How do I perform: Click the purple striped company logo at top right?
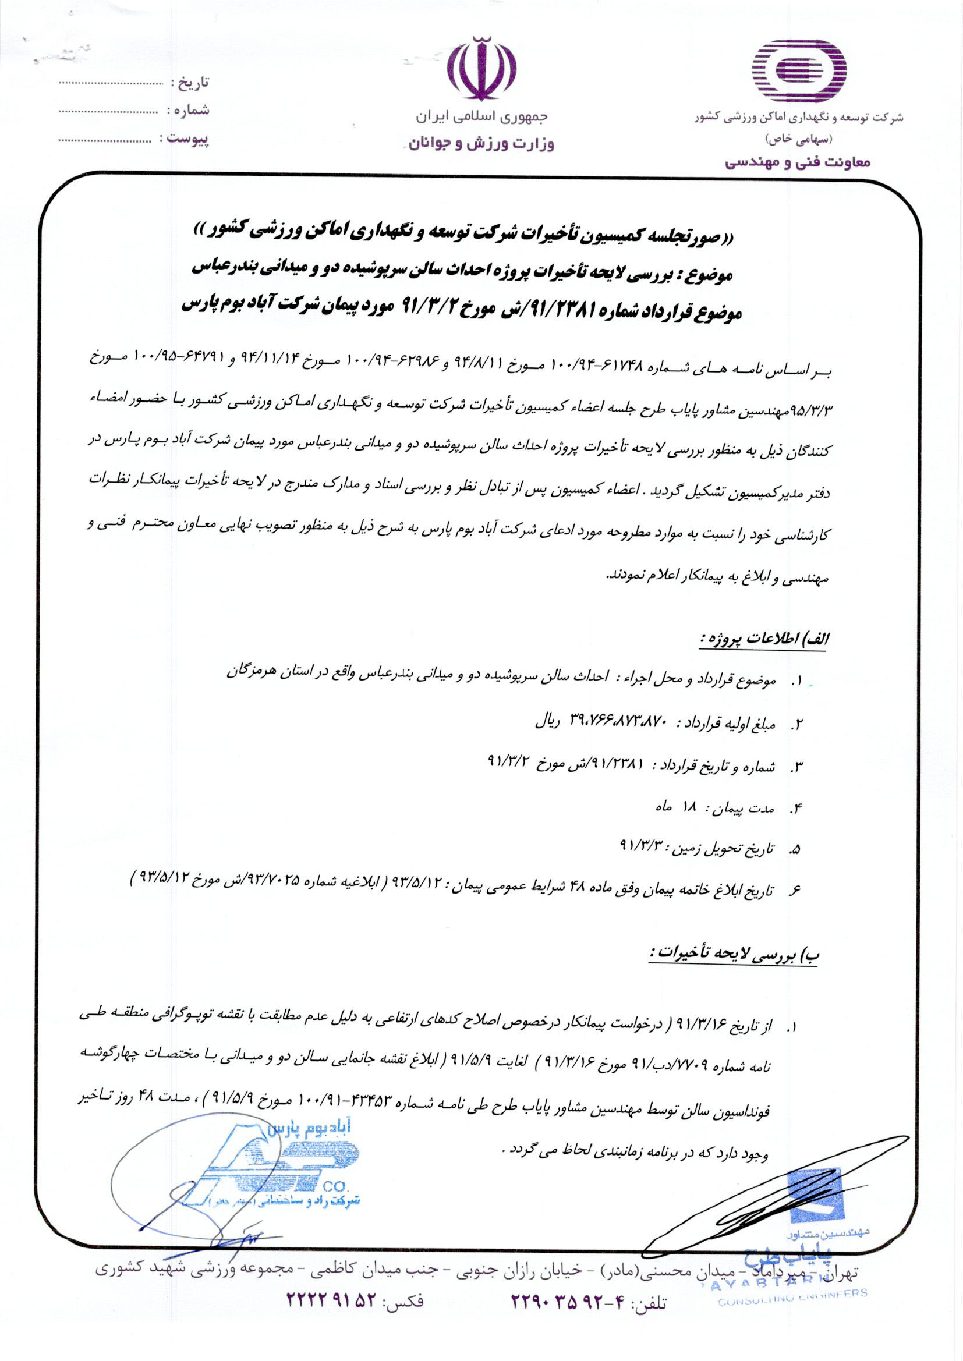click(799, 72)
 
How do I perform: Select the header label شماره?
click(190, 110)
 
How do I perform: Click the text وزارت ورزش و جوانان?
click(481, 144)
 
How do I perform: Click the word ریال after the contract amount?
click(546, 723)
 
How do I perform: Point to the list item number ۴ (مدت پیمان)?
click(798, 809)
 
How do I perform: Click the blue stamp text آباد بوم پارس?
click(315, 1130)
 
